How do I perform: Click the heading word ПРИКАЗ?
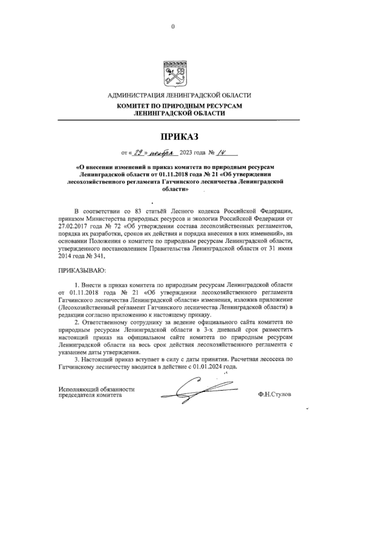point(179,137)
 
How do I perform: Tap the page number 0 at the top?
point(173,27)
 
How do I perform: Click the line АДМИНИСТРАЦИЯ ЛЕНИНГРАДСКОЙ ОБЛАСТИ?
point(179,95)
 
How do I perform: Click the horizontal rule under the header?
point(179,120)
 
